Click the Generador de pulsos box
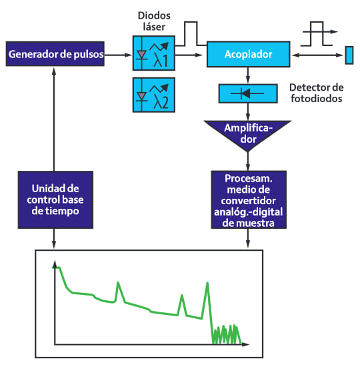pyautogui.click(x=55, y=54)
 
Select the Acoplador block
pyautogui.click(x=249, y=54)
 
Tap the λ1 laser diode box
pyautogui.click(x=154, y=53)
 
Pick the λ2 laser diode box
pyautogui.click(x=154, y=95)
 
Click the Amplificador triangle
pyautogui.click(x=248, y=133)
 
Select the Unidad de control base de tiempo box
pyautogui.click(x=55, y=200)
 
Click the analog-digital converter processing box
pyautogui.click(x=249, y=200)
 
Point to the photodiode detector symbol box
pyautogui.click(x=248, y=93)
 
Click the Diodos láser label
pyautogui.click(x=154, y=21)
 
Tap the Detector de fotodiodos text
pyautogui.click(x=317, y=93)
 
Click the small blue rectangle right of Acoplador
pyautogui.click(x=349, y=55)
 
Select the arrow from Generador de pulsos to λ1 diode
pyautogui.click(x=119, y=55)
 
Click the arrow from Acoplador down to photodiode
pyautogui.click(x=248, y=75)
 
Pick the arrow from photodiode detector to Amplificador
pyautogui.click(x=248, y=112)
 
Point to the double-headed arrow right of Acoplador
pyautogui.click(x=317, y=55)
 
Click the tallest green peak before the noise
pyautogui.click(x=207, y=283)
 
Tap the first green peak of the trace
pyautogui.click(x=118, y=282)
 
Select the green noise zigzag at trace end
pyautogui.click(x=227, y=334)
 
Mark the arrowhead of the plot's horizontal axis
pyautogui.click(x=246, y=344)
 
